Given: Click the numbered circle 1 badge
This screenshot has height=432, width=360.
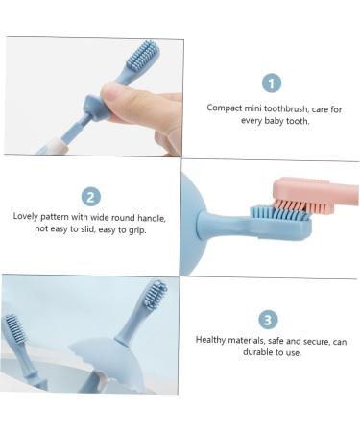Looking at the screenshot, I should pyautogui.click(x=271, y=84).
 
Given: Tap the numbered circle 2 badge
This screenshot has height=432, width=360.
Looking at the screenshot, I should pyautogui.click(x=91, y=197).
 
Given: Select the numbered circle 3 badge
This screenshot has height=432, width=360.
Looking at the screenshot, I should pyautogui.click(x=270, y=320).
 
